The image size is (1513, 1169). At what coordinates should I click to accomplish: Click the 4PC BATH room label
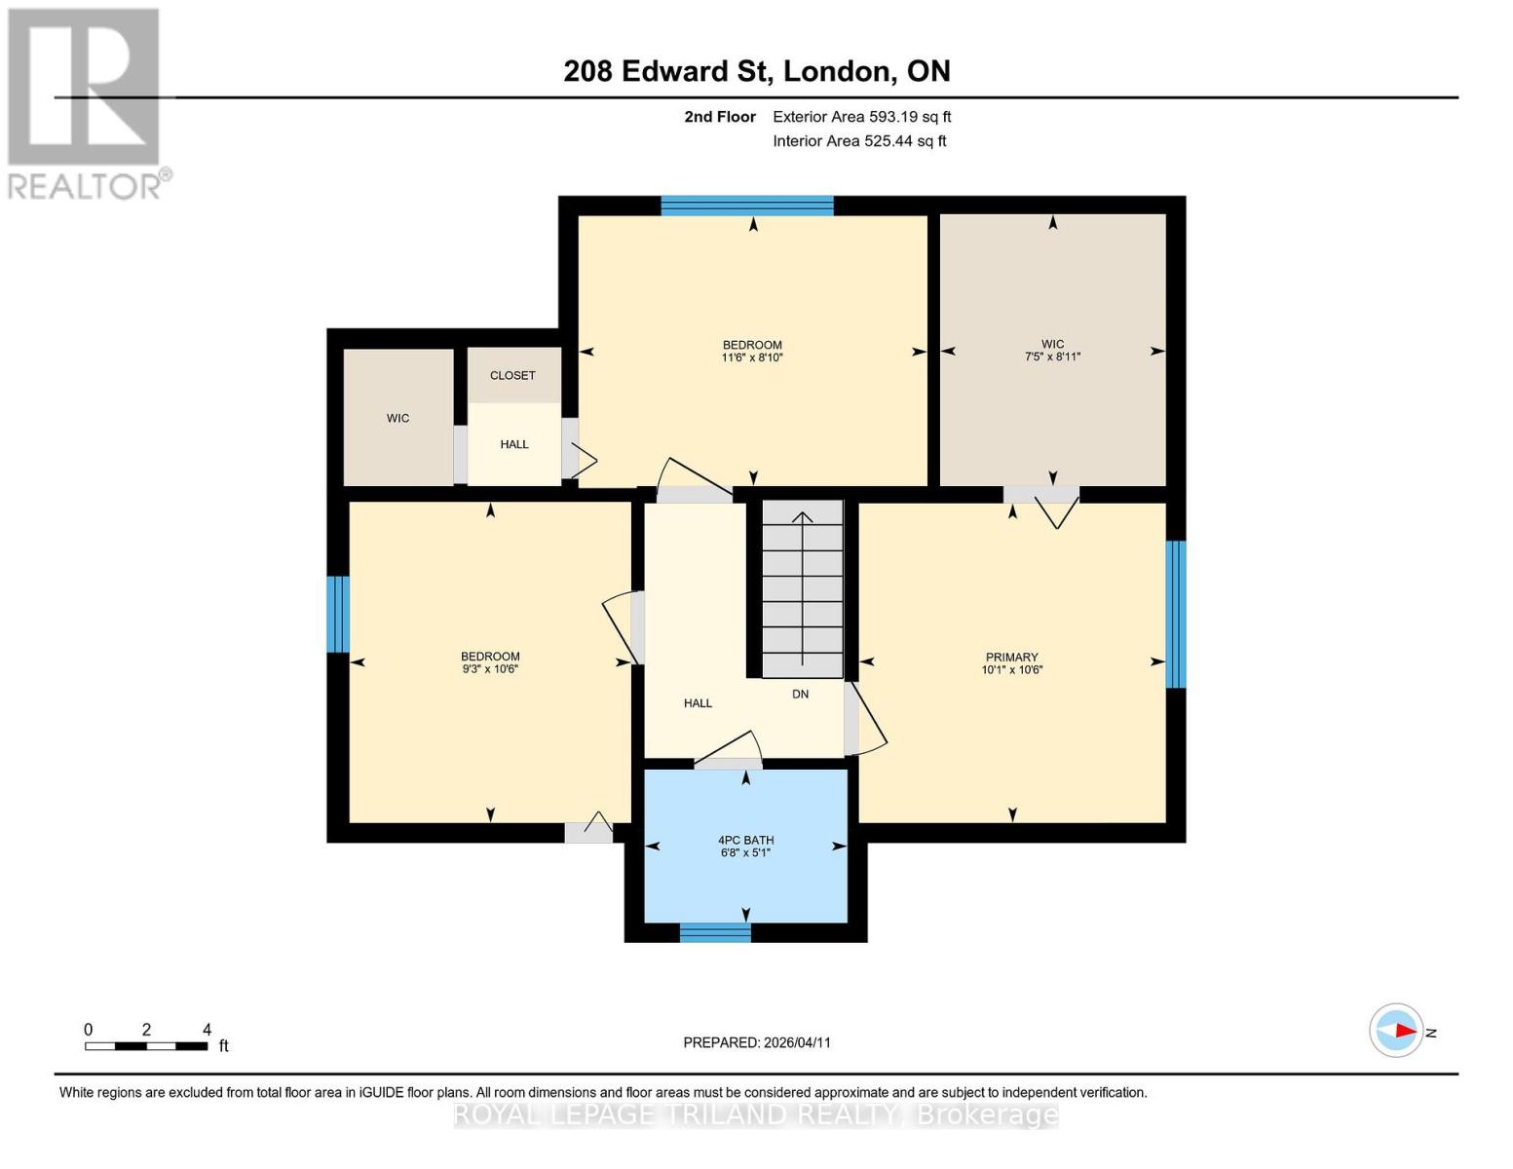[x=745, y=840]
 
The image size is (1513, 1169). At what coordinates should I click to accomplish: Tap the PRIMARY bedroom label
[x=1011, y=657]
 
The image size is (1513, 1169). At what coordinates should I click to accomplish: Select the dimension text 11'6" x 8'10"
[x=752, y=358]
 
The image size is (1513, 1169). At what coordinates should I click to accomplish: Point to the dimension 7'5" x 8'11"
[x=1052, y=358]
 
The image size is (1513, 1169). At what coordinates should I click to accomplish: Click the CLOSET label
[x=512, y=375]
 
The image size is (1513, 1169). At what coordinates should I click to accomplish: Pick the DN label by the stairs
[x=800, y=694]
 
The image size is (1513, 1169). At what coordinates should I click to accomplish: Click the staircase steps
[x=802, y=589]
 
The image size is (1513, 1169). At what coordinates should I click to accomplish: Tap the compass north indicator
[x=1397, y=1031]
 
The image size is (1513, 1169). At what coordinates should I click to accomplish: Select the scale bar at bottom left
[x=146, y=1046]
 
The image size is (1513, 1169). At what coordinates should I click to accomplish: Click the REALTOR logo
[x=86, y=102]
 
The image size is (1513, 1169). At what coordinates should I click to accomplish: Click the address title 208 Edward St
[x=757, y=71]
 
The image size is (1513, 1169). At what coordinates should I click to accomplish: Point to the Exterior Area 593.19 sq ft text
[x=861, y=117]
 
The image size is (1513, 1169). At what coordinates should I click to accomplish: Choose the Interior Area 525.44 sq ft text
[x=859, y=141]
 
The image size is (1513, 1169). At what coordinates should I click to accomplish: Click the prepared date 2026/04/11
[x=757, y=1042]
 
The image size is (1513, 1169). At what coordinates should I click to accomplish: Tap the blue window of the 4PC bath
[x=715, y=933]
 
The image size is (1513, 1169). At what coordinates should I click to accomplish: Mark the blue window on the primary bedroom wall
[x=1176, y=614]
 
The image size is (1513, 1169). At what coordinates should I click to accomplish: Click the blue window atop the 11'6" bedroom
[x=747, y=206]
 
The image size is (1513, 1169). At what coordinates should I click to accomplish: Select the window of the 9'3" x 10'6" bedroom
[x=337, y=614]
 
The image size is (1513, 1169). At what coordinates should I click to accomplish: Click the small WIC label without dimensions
[x=397, y=418]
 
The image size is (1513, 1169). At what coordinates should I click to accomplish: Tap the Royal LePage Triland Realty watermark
[x=756, y=1114]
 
